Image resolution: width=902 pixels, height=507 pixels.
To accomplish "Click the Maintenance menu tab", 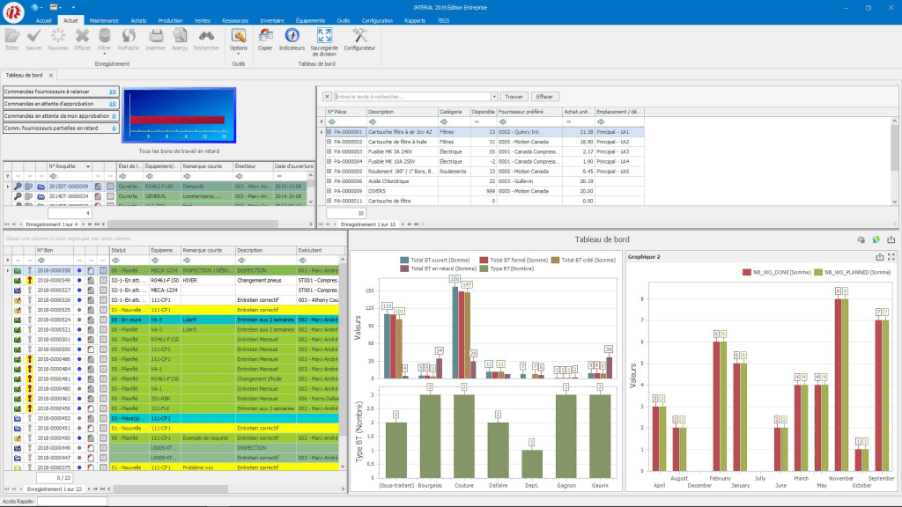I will coord(104,19).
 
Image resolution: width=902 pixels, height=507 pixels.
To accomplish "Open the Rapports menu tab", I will coord(415,19).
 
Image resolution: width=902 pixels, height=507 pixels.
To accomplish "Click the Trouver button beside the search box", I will coord(514,97).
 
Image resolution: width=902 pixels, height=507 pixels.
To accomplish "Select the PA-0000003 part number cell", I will coord(345,151).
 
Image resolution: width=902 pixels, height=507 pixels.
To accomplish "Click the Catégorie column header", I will coord(452,112).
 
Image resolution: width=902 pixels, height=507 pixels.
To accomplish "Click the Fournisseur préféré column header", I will coord(527,112).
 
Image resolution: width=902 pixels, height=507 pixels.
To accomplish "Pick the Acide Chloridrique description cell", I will coord(394,180).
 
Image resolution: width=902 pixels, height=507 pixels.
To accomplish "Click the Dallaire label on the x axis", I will coord(499,485).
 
